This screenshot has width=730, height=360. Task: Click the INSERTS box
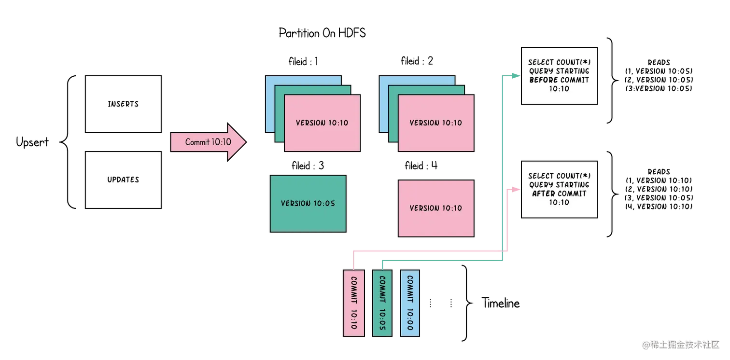tap(123, 104)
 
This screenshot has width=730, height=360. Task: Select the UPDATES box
tap(123, 180)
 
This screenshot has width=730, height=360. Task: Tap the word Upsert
tap(32, 142)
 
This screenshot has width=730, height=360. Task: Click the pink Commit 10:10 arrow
tap(208, 142)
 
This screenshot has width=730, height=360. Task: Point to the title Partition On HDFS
tap(322, 33)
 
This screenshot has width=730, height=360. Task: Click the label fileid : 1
tap(303, 61)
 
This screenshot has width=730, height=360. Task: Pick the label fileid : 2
tap(417, 61)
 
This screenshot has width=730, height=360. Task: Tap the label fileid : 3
tap(308, 166)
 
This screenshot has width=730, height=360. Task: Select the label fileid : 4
tap(421, 166)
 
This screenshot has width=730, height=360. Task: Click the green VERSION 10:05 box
tap(308, 204)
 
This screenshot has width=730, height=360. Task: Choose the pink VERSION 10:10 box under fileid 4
tap(436, 208)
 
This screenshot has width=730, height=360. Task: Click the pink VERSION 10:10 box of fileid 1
tap(323, 123)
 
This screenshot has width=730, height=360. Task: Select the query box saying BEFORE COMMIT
tap(559, 76)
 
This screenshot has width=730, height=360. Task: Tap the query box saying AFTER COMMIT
tap(559, 189)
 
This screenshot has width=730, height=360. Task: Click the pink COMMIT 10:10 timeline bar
tap(353, 303)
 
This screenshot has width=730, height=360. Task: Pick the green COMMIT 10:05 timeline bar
tap(382, 303)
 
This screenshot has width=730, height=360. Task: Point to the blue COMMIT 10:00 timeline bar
tap(410, 303)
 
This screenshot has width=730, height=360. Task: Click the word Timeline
tap(501, 303)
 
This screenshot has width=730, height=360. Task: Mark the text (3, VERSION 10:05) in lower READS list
tap(659, 198)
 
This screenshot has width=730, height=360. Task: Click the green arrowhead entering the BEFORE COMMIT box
tap(516, 76)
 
